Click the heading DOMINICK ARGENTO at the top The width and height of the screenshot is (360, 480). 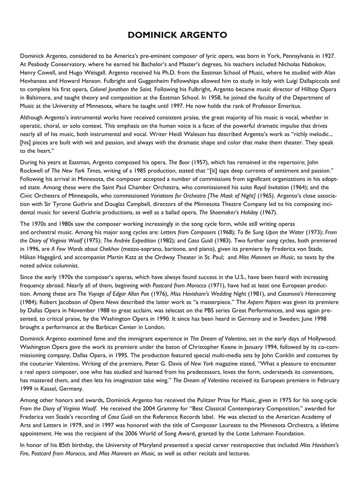[177, 35]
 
